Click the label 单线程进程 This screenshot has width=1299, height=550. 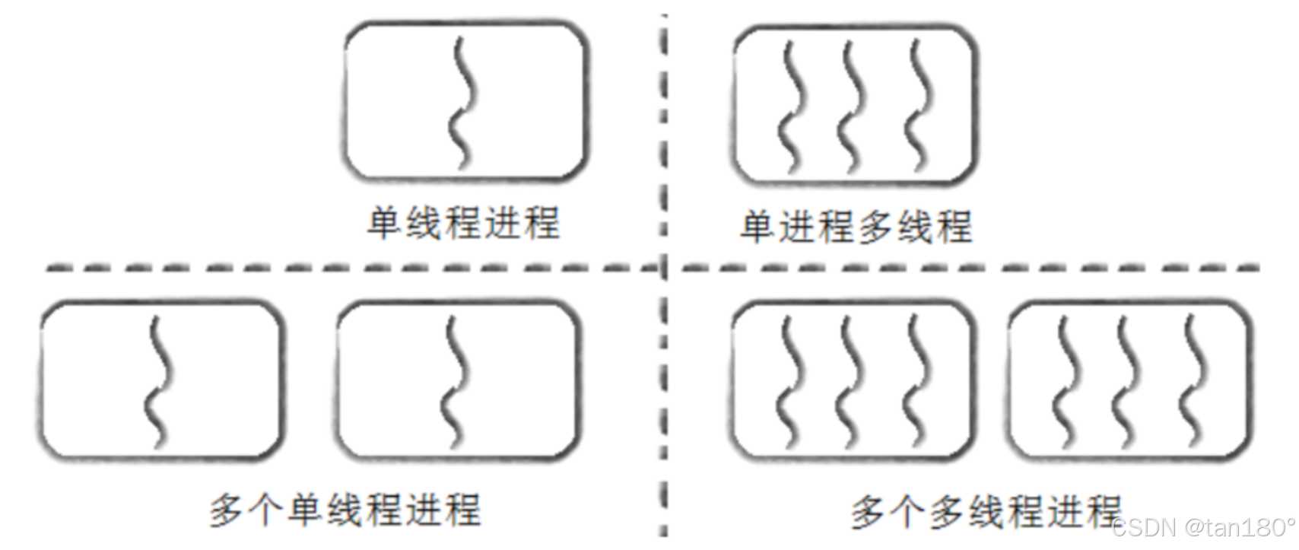[463, 224]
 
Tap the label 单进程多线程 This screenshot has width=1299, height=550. [856, 227]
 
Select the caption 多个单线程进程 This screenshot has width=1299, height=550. [345, 509]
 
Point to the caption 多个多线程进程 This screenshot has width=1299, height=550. [986, 510]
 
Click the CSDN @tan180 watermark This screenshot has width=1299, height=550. [1203, 527]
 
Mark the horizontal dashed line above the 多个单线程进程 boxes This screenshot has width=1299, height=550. [350, 268]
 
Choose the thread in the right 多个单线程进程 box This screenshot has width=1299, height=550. [456, 380]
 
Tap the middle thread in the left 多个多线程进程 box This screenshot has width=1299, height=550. [852, 380]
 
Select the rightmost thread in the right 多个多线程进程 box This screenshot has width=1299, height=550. [1195, 380]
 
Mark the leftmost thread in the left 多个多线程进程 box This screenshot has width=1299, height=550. [789, 380]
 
